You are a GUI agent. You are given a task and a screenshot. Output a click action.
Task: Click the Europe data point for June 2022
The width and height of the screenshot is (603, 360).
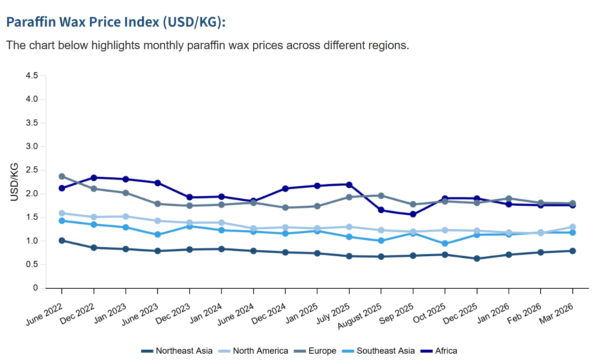coord(61,176)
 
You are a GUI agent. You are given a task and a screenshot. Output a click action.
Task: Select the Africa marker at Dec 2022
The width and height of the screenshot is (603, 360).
coord(93,178)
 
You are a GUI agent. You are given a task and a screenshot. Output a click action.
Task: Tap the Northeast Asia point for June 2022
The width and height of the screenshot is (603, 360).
coord(61,240)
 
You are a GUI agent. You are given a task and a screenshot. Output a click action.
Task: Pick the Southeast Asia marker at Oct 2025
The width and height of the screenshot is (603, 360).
coord(445,244)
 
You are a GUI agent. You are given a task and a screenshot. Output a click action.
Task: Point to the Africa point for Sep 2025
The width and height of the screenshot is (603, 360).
coord(413,214)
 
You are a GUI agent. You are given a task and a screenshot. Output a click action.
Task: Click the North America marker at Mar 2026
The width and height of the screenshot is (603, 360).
coord(572,227)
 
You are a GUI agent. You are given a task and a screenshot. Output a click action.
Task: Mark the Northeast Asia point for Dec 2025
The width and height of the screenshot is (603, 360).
coord(477,258)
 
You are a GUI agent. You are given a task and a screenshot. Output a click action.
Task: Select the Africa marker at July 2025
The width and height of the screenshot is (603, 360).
coord(349,185)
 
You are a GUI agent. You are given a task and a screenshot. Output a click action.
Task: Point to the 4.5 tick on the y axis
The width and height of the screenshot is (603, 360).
coord(32,76)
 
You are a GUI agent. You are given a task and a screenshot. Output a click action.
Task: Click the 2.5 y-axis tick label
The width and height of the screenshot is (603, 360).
coord(32,171)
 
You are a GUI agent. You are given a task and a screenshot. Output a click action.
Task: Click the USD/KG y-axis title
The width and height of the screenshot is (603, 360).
coord(14,182)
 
